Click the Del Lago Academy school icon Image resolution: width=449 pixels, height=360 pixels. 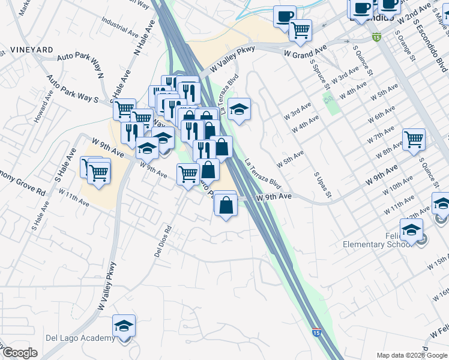click(x=124, y=326)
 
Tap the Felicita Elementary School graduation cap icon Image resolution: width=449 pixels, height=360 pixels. click(x=412, y=229)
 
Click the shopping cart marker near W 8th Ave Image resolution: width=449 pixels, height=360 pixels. click(x=414, y=140)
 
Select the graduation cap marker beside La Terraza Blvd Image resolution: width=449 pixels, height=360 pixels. click(x=240, y=109)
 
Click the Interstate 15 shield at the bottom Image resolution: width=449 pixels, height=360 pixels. click(x=316, y=332)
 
